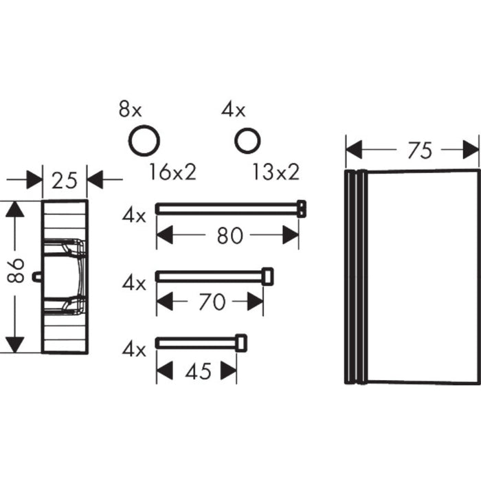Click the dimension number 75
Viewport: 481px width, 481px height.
coord(420,150)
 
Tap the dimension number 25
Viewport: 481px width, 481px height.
coord(65,181)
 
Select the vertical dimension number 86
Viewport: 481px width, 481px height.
coord(16,270)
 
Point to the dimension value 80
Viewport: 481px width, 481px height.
coord(230,236)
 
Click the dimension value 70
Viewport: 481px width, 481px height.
coord(212,302)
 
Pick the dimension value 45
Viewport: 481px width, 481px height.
coord(198,372)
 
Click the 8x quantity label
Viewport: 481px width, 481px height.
coord(131,110)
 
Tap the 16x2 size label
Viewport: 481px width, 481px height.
coord(172,172)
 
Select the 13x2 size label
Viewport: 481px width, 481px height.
coord(276,172)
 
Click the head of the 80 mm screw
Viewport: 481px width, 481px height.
coord(302,209)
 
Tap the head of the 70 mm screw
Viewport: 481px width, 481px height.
coord(267,277)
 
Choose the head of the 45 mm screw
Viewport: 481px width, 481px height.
coord(241,344)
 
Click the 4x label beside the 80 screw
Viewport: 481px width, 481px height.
coord(134,215)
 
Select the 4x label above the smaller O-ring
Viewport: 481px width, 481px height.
coord(234,110)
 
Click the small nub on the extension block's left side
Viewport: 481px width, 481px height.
coord(37,277)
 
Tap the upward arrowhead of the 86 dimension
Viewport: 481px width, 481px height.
coord(14,209)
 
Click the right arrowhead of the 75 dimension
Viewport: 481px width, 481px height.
coord(471,150)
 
